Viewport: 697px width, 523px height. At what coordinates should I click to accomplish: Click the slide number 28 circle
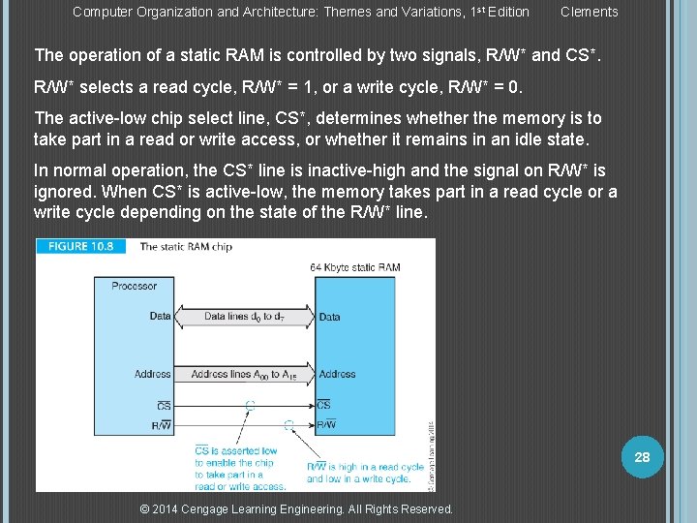click(x=642, y=457)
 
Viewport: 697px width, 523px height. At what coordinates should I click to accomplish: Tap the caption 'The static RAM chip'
click(x=186, y=247)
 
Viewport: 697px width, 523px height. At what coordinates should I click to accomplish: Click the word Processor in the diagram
click(x=134, y=286)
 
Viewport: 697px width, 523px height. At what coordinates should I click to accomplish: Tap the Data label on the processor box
click(x=160, y=317)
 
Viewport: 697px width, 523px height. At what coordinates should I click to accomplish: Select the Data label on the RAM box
click(x=329, y=317)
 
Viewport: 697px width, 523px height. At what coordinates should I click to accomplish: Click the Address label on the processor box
click(x=153, y=374)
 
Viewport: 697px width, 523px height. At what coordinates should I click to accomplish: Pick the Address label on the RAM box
click(x=337, y=374)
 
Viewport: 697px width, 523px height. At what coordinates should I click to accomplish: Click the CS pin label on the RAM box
click(x=323, y=405)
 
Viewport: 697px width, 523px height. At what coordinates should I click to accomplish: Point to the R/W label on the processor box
click(x=161, y=424)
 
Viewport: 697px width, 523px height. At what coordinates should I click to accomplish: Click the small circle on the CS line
click(x=250, y=405)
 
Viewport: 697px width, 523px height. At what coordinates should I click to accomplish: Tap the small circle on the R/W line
click(x=288, y=424)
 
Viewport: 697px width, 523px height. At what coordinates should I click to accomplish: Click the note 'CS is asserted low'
click(x=235, y=450)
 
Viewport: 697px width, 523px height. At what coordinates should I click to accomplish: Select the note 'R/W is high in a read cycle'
click(x=365, y=467)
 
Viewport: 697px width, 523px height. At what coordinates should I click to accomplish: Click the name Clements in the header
click(x=589, y=12)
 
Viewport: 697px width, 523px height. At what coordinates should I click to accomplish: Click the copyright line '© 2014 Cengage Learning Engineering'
click(x=296, y=509)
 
